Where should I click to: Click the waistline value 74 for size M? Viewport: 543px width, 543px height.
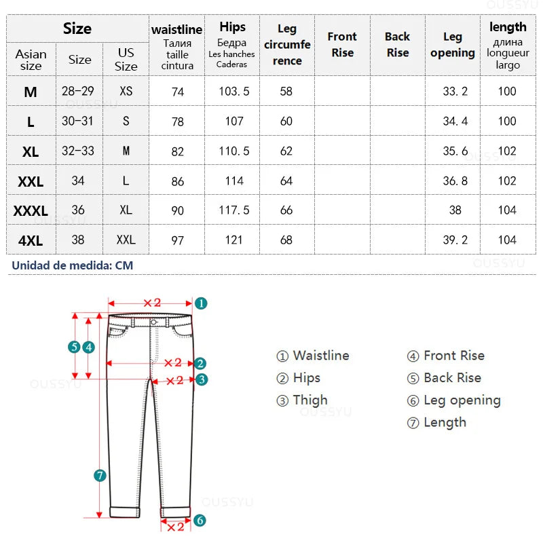tap(177, 92)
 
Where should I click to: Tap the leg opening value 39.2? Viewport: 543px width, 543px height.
tap(455, 240)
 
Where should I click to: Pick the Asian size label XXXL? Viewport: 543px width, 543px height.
tap(31, 211)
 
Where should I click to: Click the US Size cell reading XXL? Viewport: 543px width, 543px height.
tap(126, 240)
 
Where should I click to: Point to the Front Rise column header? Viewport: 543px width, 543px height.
tap(342, 44)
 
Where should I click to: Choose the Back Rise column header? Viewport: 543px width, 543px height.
tap(397, 44)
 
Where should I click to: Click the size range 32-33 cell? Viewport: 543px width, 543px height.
tap(78, 151)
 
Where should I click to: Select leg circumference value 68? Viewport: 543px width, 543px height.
tap(286, 240)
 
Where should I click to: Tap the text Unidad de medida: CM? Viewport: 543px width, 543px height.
tap(72, 265)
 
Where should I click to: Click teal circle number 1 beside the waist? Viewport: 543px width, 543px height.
tap(201, 303)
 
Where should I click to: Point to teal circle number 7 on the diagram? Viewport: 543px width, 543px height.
tap(100, 476)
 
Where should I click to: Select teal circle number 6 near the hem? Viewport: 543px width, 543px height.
tap(200, 521)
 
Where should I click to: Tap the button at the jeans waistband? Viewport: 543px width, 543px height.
tap(154, 322)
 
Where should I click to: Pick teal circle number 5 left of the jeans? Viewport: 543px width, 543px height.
tap(75, 347)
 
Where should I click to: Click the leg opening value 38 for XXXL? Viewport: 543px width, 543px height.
tap(455, 210)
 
